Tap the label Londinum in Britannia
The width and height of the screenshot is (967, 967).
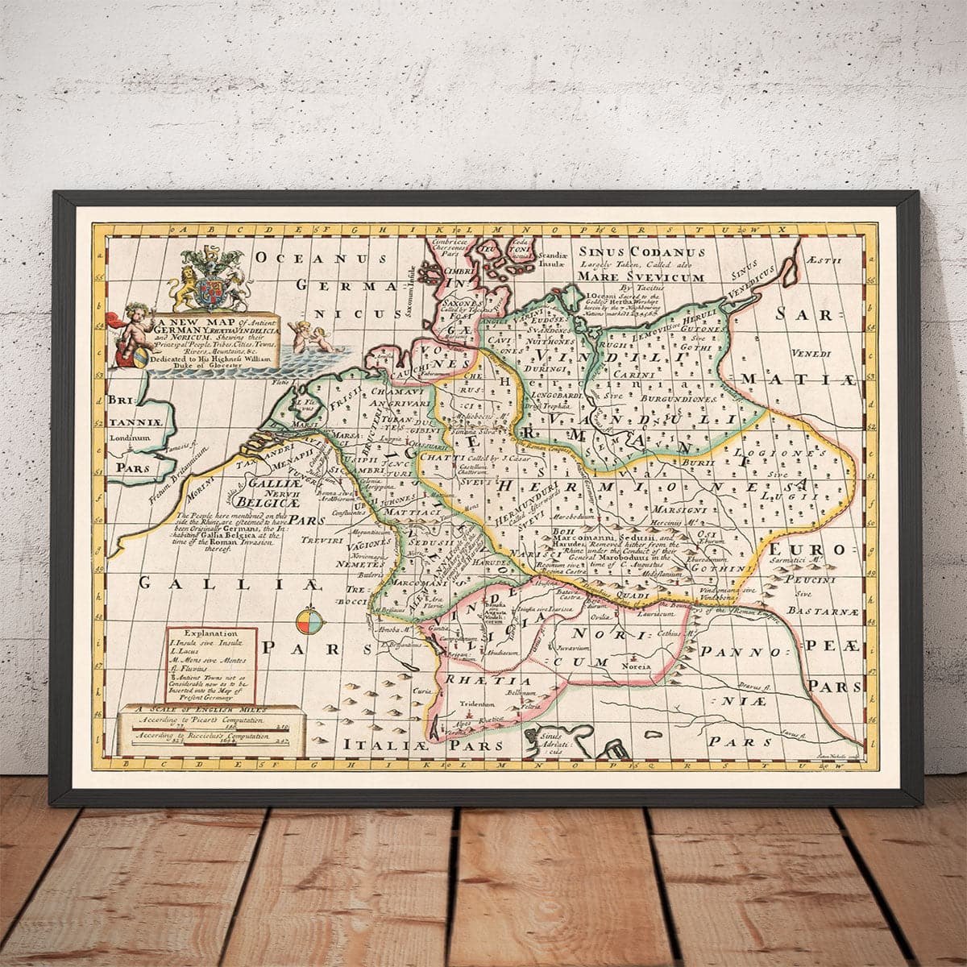point(130,438)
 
